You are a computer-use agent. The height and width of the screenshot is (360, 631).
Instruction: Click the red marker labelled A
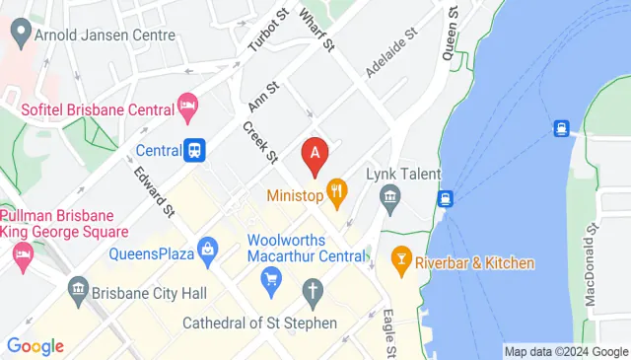point(315,155)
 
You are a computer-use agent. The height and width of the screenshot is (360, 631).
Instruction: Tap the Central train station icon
point(196,150)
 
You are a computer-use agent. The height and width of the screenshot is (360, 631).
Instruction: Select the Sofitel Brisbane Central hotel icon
point(186,105)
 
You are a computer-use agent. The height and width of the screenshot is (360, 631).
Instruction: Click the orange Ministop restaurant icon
point(336,191)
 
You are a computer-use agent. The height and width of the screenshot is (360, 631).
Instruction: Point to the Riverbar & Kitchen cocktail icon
point(400,261)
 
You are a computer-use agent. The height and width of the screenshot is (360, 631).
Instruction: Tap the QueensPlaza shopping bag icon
point(208,250)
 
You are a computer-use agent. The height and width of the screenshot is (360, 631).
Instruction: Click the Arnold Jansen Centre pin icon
point(18,35)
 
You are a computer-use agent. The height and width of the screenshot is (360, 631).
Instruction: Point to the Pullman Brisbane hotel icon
point(22,256)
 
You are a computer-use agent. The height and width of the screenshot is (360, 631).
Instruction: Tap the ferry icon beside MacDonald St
point(561,127)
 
